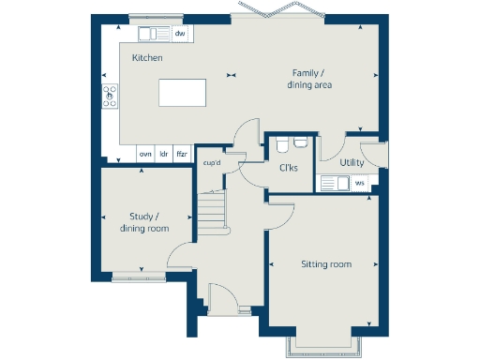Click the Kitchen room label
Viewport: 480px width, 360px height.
(x=147, y=58)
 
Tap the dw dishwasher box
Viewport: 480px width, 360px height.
(x=180, y=35)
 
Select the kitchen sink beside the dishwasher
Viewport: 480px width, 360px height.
(x=152, y=35)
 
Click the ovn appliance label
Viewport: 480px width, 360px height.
(x=145, y=153)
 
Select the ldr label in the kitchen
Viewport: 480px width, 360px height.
(x=163, y=153)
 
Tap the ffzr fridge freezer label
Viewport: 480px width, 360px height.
(x=182, y=153)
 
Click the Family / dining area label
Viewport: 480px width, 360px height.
(x=309, y=79)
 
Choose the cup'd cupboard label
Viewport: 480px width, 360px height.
(x=212, y=163)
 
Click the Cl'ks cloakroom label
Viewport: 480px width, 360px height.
(x=289, y=169)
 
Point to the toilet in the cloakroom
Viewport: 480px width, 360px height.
(x=299, y=143)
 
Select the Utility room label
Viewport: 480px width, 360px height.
(x=352, y=162)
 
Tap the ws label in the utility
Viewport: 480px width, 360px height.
(x=359, y=182)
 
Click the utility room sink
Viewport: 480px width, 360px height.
(x=333, y=182)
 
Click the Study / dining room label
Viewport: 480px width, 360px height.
(x=144, y=222)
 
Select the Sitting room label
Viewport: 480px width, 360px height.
(x=325, y=264)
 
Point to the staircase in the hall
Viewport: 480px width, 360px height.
(x=213, y=215)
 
